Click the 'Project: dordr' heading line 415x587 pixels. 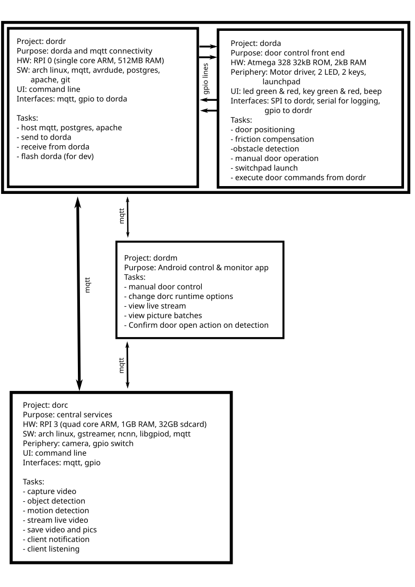41,41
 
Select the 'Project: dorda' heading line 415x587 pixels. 256,43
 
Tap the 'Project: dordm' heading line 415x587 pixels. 151,258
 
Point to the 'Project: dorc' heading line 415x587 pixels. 45,405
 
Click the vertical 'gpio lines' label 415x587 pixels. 205,79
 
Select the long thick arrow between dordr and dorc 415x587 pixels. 78,294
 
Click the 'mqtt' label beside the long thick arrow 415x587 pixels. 88,285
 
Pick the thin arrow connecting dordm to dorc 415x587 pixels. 127,365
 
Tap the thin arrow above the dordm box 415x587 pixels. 128,217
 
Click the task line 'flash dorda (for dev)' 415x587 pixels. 55,156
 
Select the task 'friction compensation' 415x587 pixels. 272,139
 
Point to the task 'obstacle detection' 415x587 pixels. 265,149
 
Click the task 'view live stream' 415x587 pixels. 155,306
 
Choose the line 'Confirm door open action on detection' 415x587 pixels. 197,325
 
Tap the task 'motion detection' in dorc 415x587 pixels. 56,511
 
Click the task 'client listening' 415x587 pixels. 51,549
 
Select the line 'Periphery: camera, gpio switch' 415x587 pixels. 78,444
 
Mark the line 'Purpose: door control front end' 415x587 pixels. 287,53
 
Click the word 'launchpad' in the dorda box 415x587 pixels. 281,82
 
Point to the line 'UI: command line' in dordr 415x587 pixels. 48,89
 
